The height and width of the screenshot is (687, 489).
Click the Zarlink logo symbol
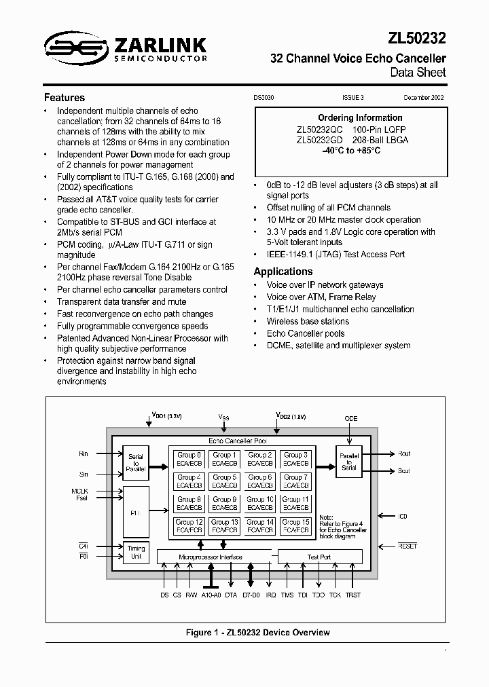coord(69,47)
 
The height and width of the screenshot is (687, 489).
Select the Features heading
coord(65,98)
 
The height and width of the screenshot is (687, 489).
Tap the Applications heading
coord(283,272)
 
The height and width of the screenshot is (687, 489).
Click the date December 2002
coord(424,98)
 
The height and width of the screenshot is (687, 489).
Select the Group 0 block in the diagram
coord(189,459)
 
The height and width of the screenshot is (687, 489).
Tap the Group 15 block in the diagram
coord(296,526)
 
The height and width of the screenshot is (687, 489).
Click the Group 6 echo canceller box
coord(260,481)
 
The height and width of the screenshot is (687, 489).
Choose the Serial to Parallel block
coord(136,462)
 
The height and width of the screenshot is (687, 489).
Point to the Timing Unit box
coord(136,553)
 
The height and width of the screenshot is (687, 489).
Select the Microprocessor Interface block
coord(211,557)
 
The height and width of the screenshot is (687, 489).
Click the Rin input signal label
coord(84,453)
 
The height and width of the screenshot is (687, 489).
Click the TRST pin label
coord(353,595)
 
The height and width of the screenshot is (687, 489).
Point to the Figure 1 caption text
coord(258,633)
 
